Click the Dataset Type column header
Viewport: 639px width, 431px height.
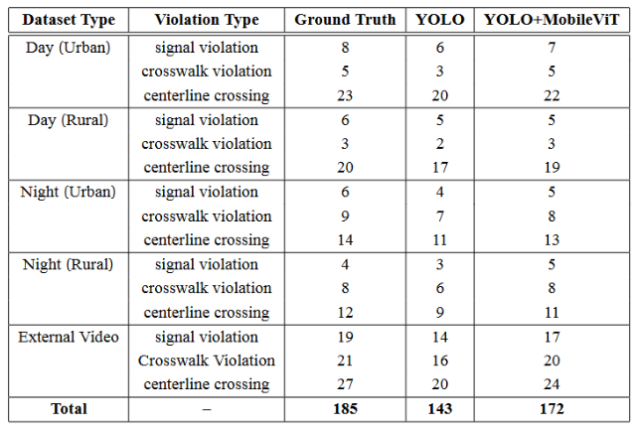[69, 20]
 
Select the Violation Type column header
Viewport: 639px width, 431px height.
[207, 20]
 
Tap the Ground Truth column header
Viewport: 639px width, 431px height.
[345, 20]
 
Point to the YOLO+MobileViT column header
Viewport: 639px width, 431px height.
[552, 20]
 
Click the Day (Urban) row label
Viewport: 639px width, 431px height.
[66, 48]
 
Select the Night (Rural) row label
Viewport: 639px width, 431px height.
[67, 264]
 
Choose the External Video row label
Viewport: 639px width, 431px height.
[69, 337]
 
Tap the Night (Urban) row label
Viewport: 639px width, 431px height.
[68, 192]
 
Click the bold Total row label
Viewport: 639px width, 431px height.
[68, 408]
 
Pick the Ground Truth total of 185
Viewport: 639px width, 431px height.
[345, 408]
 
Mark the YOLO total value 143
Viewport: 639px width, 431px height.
[440, 408]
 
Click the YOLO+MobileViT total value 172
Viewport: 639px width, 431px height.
[552, 408]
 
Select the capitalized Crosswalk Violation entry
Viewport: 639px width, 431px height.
[207, 360]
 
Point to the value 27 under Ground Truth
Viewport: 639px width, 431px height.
[345, 384]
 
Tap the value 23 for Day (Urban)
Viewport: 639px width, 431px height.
[345, 96]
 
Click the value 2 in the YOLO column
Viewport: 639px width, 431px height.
[440, 144]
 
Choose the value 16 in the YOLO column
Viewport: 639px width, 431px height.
[440, 360]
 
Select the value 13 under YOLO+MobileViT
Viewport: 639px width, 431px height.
[552, 240]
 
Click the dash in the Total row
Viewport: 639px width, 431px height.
[207, 408]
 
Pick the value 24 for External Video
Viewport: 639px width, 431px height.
[552, 384]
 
